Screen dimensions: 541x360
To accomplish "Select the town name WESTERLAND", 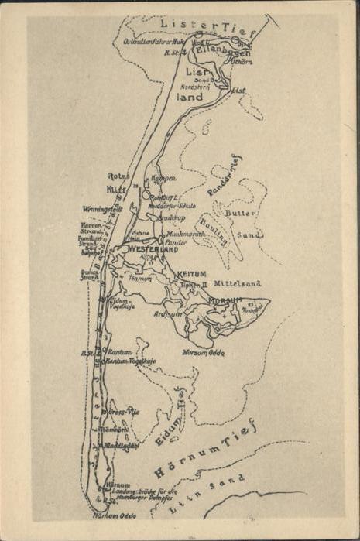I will [153, 249].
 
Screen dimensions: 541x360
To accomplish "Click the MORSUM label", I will [225, 300].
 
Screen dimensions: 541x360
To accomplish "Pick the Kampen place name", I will [163, 178].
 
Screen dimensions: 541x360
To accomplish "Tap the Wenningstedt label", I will [102, 208].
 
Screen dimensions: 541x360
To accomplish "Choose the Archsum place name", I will [168, 314].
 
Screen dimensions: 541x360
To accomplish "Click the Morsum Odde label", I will [203, 352].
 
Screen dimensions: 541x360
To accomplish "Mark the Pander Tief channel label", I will [225, 175].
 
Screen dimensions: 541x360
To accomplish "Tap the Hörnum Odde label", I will [114, 515].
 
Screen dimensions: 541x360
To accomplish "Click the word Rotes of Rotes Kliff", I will [117, 176].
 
